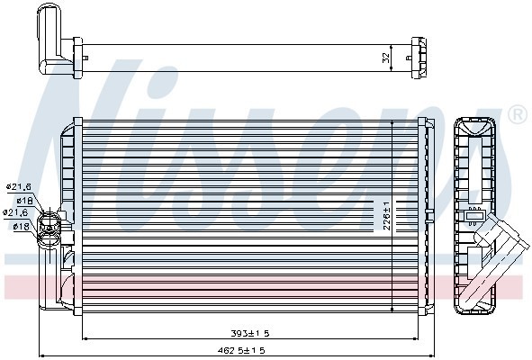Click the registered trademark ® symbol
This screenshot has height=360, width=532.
pos(517,114)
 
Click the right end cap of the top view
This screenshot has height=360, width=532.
pos(419,55)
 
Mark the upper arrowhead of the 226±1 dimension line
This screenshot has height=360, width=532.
pos(395,121)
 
